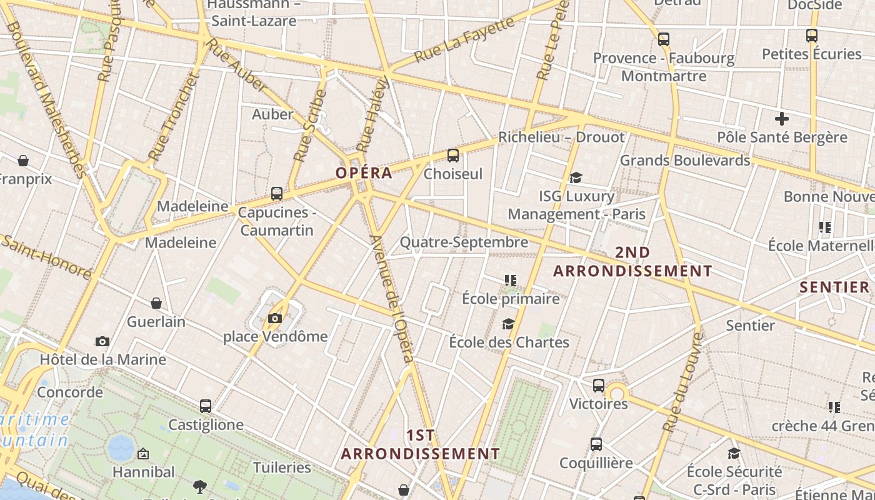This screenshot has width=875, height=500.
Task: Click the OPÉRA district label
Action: tap(364, 173)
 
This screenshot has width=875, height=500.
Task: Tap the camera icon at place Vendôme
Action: tap(275, 319)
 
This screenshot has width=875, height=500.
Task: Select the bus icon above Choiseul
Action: tap(453, 156)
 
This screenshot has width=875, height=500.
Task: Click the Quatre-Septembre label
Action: tap(464, 242)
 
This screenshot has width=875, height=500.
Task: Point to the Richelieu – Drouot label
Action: tap(561, 137)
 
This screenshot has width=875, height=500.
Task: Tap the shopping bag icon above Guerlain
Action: tap(156, 303)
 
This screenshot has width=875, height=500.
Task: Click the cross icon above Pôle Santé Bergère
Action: tap(781, 119)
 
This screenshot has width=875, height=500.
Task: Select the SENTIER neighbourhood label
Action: tap(834, 287)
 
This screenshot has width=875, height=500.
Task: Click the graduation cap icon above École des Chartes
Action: tap(509, 324)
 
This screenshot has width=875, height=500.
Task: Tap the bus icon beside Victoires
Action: tap(599, 386)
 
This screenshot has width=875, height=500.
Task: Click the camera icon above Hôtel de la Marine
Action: tap(102, 341)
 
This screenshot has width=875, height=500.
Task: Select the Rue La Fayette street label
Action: tap(464, 40)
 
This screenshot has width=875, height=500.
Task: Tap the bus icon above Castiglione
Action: tap(206, 406)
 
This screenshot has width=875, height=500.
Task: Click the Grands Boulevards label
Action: tap(684, 161)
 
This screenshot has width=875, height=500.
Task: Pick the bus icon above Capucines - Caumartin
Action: tap(277, 194)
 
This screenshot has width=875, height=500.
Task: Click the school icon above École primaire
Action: tap(511, 281)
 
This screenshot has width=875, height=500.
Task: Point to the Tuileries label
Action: tap(282, 467)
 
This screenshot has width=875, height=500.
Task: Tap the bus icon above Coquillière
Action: tap(596, 444)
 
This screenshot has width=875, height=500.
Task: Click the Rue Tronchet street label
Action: tap(173, 117)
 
